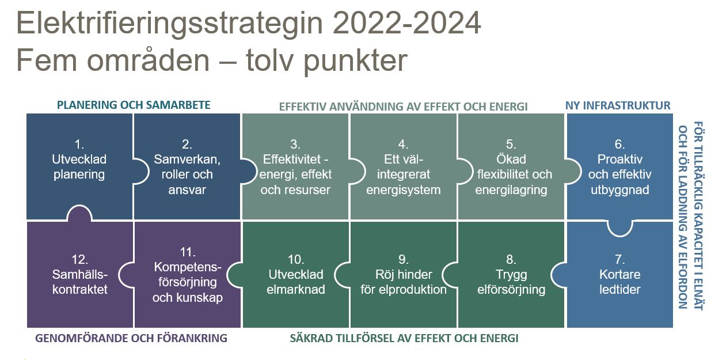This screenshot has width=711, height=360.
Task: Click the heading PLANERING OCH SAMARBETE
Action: click(134, 105)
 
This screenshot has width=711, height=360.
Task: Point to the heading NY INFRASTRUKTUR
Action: click(618, 105)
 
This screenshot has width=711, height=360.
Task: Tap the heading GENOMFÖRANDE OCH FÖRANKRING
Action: click(131, 338)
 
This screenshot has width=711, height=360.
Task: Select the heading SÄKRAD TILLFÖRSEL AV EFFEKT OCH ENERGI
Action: click(404, 338)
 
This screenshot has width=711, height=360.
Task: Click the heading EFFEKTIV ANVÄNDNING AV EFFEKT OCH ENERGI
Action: click(403, 107)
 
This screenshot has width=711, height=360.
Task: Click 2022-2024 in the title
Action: click(406, 23)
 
